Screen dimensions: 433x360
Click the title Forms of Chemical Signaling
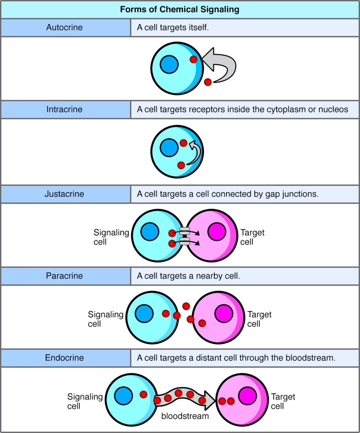pyautogui.click(x=180, y=9)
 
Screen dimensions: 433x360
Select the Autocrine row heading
pyautogui.click(x=64, y=27)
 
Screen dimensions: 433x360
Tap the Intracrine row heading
pyautogui.click(x=64, y=109)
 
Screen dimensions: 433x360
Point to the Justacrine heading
pyautogui.click(x=64, y=194)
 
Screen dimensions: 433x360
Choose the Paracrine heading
pyautogui.click(x=64, y=276)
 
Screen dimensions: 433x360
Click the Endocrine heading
pyautogui.click(x=64, y=357)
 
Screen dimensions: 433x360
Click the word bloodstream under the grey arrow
pyautogui.click(x=185, y=416)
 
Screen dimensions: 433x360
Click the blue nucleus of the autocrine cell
pyautogui.click(x=169, y=65)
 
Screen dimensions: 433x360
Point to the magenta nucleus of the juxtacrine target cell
pyautogui.click(x=217, y=232)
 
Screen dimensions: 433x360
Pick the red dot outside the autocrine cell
pyautogui.click(x=208, y=82)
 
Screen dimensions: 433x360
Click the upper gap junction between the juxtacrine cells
pyautogui.click(x=185, y=231)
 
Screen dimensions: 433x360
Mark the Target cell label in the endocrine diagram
pyautogui.click(x=283, y=401)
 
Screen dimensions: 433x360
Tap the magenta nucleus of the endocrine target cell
pyautogui.click(x=247, y=396)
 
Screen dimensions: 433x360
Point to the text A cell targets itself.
pyautogui.click(x=173, y=27)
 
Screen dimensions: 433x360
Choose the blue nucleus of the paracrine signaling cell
pyautogui.click(x=144, y=314)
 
